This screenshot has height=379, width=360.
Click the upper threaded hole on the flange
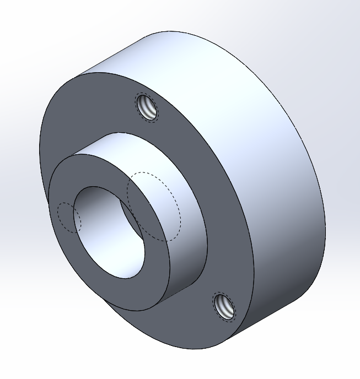pos(147,107)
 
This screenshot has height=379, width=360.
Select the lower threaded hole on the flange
pos(224,306)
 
